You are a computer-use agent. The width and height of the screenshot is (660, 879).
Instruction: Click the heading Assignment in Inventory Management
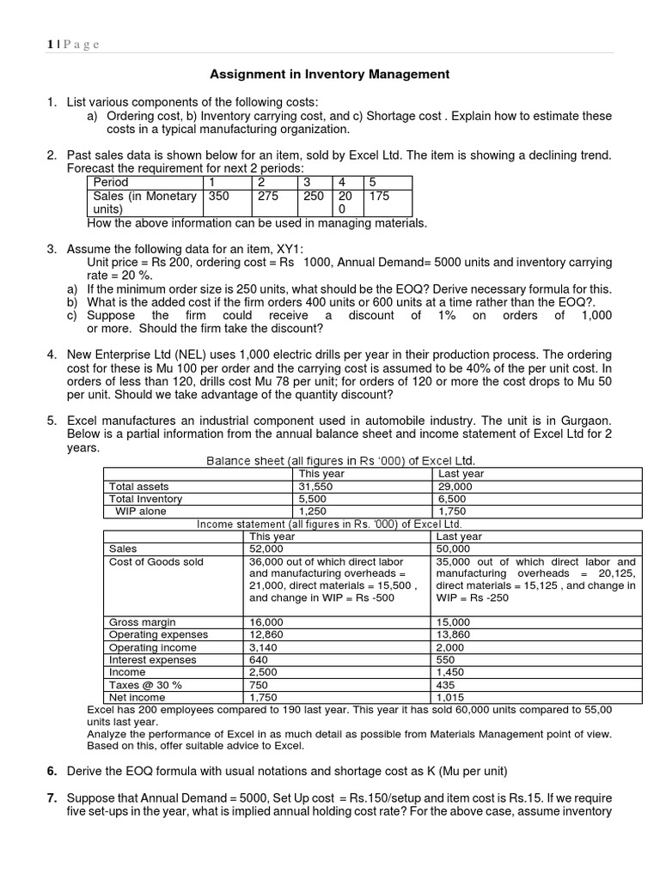click(330, 75)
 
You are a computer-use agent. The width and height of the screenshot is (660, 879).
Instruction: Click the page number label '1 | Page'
click(73, 44)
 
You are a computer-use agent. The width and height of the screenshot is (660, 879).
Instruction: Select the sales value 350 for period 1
click(218, 196)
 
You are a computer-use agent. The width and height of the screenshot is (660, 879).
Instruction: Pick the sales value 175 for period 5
click(379, 196)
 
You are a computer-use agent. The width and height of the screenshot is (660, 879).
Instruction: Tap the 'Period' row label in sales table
click(111, 183)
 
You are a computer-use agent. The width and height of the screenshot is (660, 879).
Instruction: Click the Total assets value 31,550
click(314, 486)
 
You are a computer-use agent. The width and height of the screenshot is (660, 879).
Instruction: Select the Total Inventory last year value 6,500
click(453, 499)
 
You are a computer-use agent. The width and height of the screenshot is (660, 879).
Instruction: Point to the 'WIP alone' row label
click(141, 512)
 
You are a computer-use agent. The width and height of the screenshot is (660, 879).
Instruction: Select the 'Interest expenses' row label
click(153, 660)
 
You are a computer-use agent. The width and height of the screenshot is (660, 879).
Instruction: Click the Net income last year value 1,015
click(451, 699)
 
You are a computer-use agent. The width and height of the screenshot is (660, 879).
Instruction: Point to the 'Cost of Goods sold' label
click(156, 561)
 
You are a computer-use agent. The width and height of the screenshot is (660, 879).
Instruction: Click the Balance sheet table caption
click(340, 461)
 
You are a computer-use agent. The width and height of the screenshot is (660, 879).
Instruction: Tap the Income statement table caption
click(330, 524)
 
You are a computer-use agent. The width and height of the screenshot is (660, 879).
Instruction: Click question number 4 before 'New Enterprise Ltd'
click(52, 355)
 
